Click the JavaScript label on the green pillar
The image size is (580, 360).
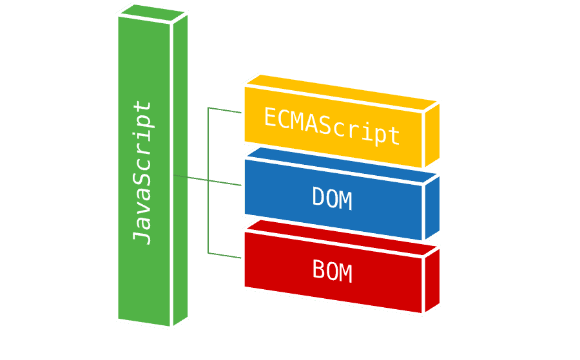pyautogui.click(x=142, y=172)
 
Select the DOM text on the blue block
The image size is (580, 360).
pyautogui.click(x=332, y=199)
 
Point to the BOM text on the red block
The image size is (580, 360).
pyautogui.click(x=332, y=271)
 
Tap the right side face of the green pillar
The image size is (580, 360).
pyautogui.click(x=180, y=167)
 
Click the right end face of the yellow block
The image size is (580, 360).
pyautogui.click(x=432, y=133)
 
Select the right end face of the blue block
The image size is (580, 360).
pyautogui.click(x=432, y=206)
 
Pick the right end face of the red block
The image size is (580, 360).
pyautogui.click(x=432, y=279)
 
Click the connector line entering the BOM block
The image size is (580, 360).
pyautogui.click(x=226, y=256)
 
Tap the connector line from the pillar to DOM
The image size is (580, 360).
pyautogui.click(x=206, y=181)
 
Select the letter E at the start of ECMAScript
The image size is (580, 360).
pyautogui.click(x=271, y=117)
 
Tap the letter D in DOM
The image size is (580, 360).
pyautogui.click(x=318, y=198)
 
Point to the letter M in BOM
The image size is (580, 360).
pyautogui.click(x=346, y=273)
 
